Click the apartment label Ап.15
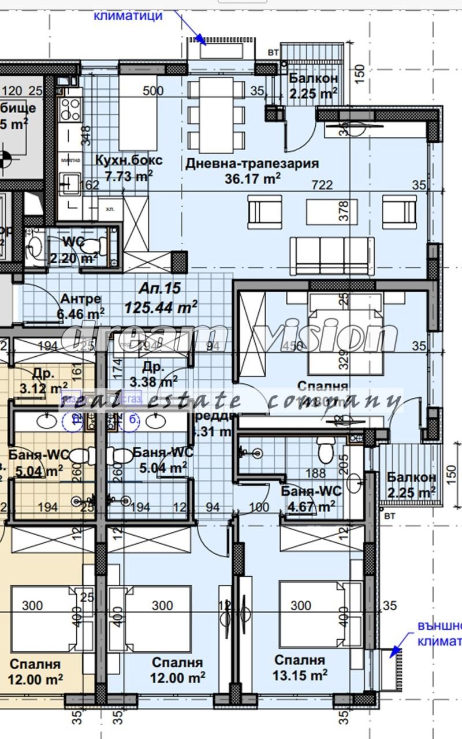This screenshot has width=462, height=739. click(x=160, y=288)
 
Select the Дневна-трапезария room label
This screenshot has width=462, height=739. click(x=252, y=163)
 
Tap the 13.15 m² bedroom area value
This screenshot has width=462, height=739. click(x=300, y=674)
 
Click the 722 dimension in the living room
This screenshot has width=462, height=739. click(x=322, y=185)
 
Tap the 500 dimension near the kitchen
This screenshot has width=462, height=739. click(x=153, y=91)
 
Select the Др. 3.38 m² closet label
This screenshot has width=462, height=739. click(x=153, y=374)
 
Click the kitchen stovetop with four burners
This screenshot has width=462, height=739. click(x=70, y=108)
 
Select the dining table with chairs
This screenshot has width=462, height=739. click(x=217, y=113)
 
